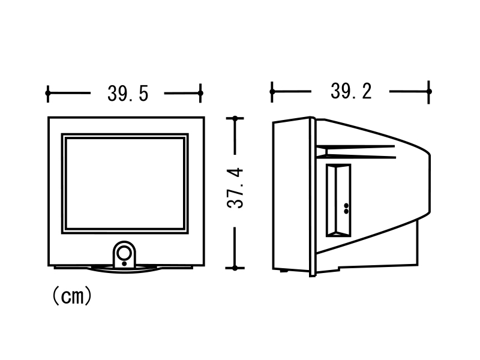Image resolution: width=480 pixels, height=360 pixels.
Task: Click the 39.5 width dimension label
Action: coord(128,94)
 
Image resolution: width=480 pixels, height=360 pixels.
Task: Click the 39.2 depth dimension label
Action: coord(351,91)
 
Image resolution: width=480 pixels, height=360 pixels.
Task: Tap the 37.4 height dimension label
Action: coord(235,188)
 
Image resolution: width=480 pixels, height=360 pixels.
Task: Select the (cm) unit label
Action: coord(72,296)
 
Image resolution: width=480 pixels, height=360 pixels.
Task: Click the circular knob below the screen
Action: coord(125,253)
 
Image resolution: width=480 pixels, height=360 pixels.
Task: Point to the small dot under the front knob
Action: coord(124,263)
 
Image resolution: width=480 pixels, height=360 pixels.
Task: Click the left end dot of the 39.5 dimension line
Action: coord(47,93)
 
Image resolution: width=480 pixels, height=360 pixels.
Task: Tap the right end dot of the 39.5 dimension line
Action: coord(200,93)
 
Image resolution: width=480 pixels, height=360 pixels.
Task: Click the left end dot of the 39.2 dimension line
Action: coord(272,92)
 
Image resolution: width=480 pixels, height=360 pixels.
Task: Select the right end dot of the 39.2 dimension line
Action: coord(429,92)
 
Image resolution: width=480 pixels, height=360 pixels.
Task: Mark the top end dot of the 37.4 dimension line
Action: coord(235,118)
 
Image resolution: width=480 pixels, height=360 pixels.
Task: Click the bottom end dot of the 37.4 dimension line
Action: coord(235,268)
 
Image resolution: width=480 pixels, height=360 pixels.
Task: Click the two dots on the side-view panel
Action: coord(346,208)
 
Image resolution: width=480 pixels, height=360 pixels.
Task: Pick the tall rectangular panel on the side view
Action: coord(338,200)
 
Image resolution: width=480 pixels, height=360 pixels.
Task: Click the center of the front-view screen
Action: coord(125,184)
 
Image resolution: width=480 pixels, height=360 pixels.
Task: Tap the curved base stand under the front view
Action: coord(124,269)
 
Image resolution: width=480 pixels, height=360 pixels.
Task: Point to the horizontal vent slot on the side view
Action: coord(356,152)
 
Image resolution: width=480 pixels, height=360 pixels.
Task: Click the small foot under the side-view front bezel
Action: coord(284,271)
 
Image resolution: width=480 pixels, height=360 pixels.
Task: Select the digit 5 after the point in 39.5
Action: coord(143,94)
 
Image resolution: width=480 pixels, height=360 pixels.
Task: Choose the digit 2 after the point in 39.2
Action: coord(367,91)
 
